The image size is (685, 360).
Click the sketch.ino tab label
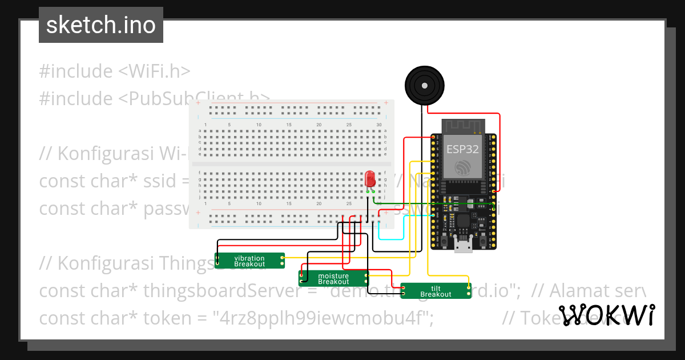(x=100, y=25)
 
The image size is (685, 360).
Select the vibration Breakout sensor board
(x=249, y=261)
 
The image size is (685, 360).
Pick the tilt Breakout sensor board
(x=436, y=291)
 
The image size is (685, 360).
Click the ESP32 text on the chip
(x=462, y=149)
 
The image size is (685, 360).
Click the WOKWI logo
(x=606, y=315)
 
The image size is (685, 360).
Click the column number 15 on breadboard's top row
(x=289, y=125)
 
